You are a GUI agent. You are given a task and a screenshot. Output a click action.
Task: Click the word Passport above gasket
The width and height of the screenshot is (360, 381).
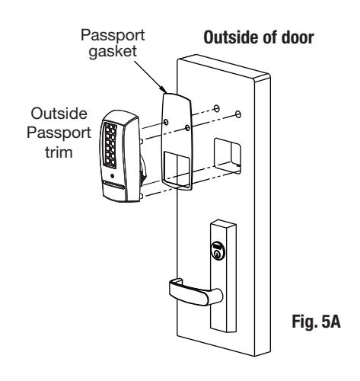pos(113,35)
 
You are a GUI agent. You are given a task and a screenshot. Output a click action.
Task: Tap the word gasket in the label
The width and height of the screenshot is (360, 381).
pos(113,52)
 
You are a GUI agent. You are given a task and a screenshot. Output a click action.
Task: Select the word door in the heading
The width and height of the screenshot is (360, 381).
pos(298,37)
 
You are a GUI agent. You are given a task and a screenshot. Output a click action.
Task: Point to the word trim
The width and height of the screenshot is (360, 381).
pos(59,152)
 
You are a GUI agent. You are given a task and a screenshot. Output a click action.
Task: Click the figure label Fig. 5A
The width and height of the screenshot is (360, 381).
pos(316,322)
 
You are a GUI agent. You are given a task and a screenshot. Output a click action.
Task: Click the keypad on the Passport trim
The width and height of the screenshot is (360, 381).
pos(110,146)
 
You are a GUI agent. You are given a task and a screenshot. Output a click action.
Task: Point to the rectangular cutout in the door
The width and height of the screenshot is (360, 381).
pos(228,156)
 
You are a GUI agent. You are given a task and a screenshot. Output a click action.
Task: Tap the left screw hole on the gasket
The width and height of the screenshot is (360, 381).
pos(166,122)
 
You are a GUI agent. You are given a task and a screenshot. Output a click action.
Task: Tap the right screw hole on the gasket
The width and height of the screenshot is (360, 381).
pos(187,128)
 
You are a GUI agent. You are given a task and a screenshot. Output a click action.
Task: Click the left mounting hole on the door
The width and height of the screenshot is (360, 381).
pos(216,108)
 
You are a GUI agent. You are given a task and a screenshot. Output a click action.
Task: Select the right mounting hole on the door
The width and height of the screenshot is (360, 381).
pos(238,114)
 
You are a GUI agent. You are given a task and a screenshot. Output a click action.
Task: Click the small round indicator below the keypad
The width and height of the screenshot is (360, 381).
pos(112,176)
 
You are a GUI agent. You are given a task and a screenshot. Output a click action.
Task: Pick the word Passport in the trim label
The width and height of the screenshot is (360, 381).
pos(59,133)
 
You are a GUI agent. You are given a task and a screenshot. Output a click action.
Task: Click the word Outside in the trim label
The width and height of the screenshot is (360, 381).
pos(59,114)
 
